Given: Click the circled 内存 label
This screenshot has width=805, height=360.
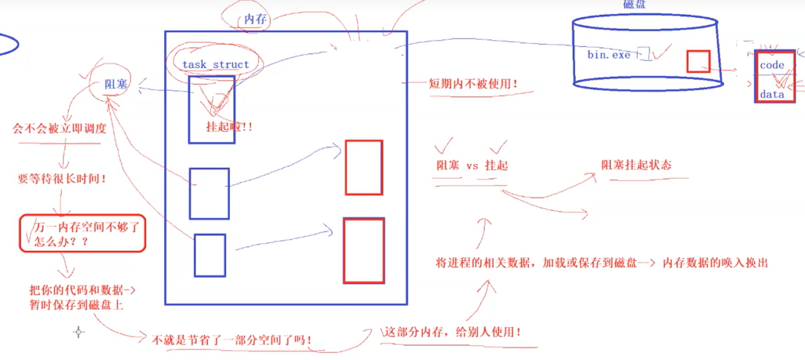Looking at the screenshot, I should [x=255, y=19].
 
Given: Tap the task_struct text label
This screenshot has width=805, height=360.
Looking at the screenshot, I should [x=216, y=65].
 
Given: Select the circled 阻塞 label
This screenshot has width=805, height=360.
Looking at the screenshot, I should [x=116, y=84].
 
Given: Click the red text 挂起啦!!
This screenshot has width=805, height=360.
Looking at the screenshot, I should [x=229, y=127].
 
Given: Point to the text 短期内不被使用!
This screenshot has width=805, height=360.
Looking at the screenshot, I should [x=473, y=84].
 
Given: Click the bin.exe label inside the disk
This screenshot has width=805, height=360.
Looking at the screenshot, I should [x=608, y=55].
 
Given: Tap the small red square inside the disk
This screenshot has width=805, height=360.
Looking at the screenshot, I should [x=698, y=61].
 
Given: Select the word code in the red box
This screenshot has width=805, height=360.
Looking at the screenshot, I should [x=772, y=65].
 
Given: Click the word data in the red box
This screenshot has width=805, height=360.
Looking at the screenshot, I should [x=772, y=94].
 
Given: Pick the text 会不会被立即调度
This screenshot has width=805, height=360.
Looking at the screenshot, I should [x=59, y=129].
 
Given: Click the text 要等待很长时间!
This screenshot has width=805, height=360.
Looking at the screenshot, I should [x=62, y=178].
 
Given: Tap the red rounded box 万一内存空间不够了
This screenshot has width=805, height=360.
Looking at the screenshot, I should [x=82, y=233].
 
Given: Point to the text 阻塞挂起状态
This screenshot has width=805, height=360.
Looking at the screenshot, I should [x=636, y=165].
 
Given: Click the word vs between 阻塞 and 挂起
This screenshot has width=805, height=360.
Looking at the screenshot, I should [x=472, y=166].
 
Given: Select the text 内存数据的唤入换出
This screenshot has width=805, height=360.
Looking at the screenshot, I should [x=715, y=263].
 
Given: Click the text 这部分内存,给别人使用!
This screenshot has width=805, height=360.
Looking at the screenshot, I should [x=452, y=332].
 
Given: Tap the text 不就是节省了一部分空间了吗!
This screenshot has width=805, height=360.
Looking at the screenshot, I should [x=232, y=340].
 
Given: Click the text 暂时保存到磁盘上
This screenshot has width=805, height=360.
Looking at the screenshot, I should [x=76, y=305].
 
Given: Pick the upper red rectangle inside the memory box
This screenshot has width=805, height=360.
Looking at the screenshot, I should [x=364, y=167].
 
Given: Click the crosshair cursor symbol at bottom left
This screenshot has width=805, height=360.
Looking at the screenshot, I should [x=78, y=332].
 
